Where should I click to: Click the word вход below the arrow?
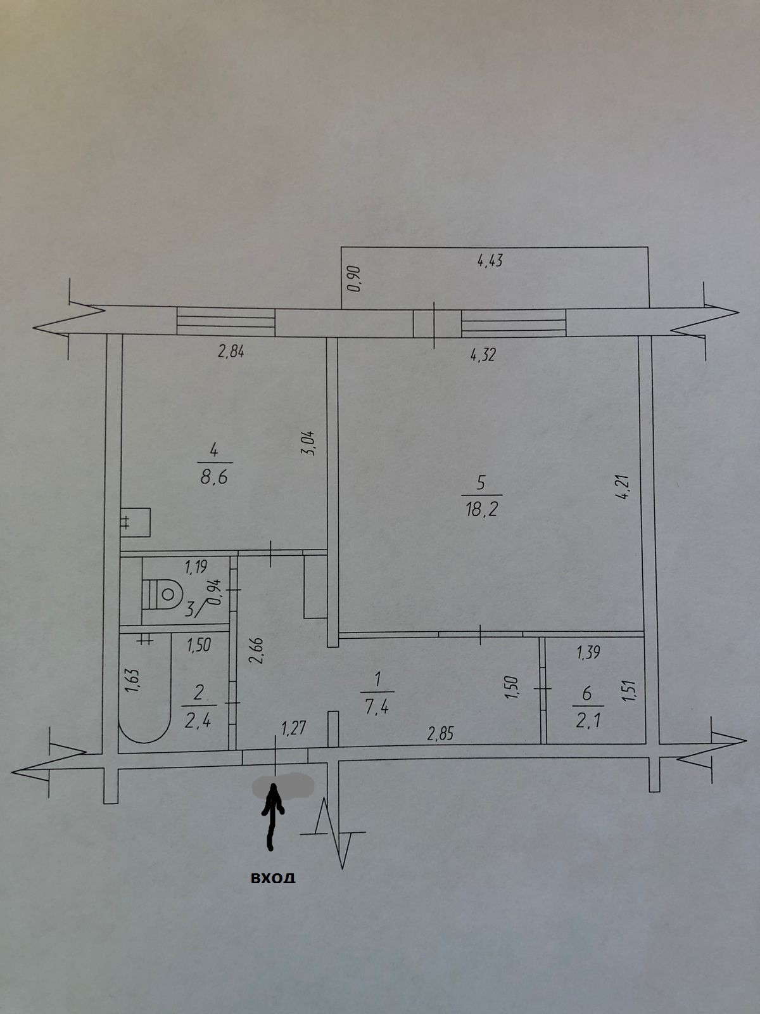273,878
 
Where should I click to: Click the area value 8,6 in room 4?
213,477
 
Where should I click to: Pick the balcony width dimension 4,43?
490,260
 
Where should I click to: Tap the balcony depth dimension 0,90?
354,279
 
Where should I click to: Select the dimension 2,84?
231,352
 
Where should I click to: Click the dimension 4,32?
483,354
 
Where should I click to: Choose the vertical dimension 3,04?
311,442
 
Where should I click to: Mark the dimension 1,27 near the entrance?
294,728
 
